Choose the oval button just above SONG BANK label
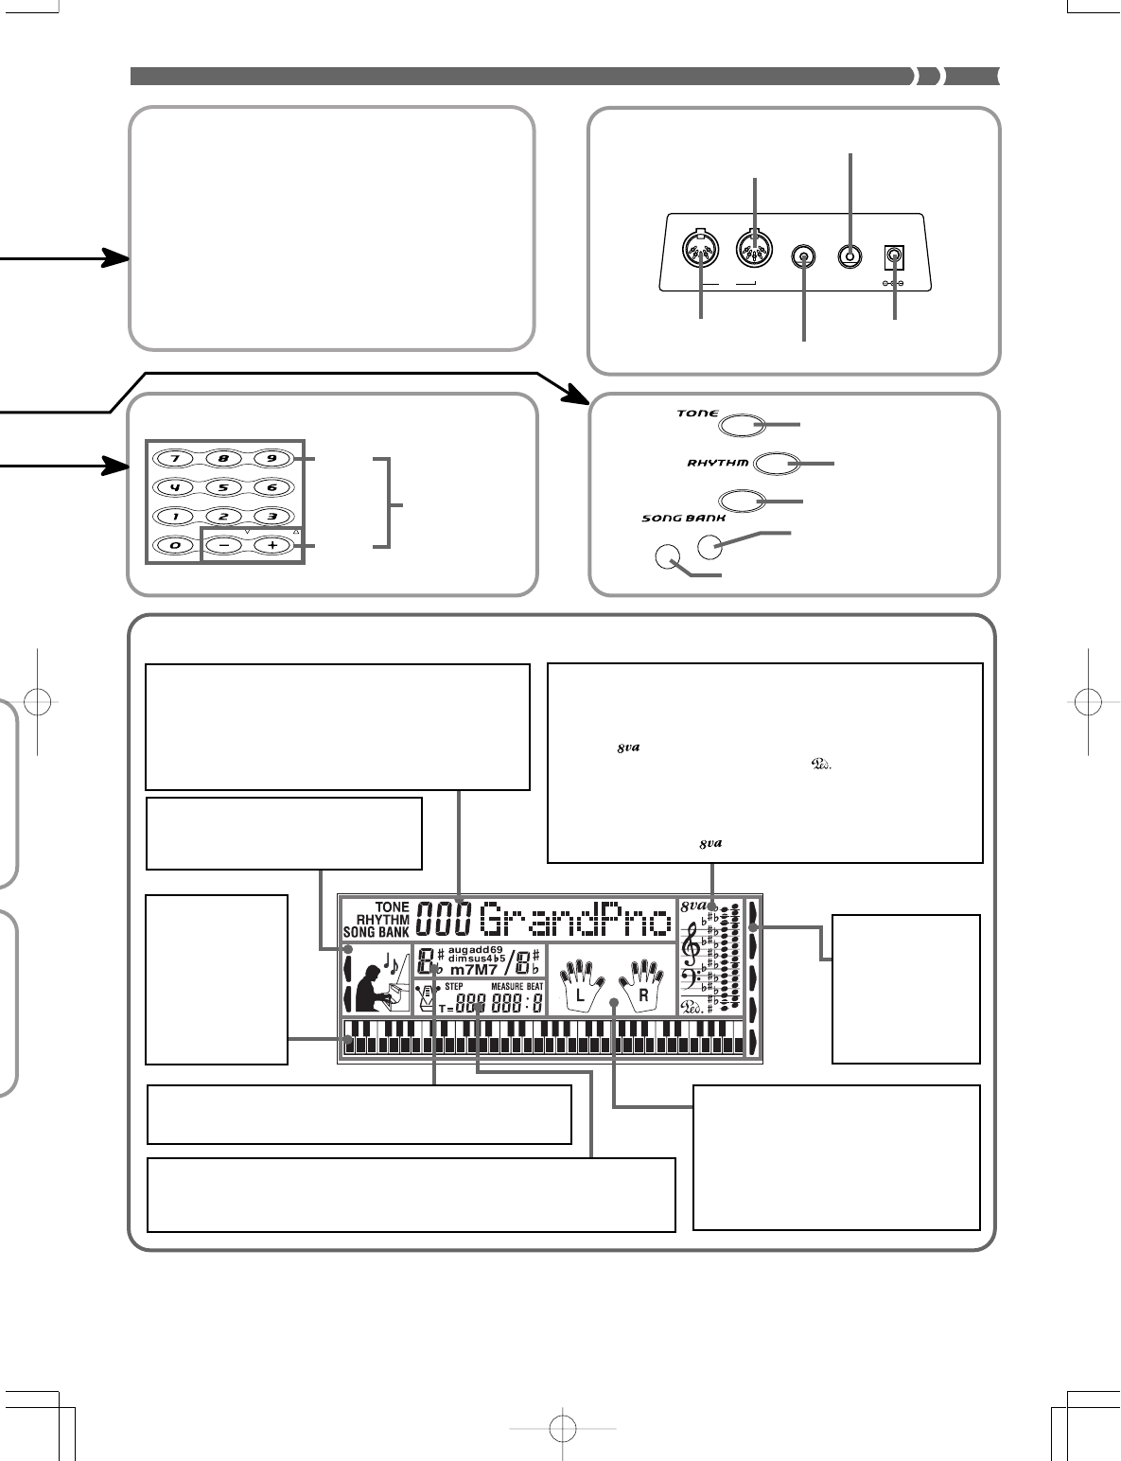tap(743, 501)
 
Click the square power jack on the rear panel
tap(890, 255)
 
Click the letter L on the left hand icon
tap(583, 995)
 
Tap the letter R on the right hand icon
tap(642, 995)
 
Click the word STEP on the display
tap(453, 987)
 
